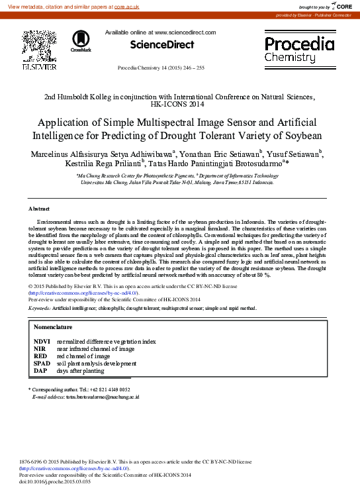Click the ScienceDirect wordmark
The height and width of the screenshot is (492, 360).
(162, 45)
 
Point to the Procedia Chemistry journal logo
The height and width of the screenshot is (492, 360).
(299, 49)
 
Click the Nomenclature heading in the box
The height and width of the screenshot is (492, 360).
(53, 327)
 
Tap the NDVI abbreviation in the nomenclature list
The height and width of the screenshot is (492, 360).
(42, 341)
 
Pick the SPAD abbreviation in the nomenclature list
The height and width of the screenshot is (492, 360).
(42, 364)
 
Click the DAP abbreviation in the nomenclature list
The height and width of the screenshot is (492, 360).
(40, 371)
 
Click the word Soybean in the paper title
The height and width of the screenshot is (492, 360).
(302, 136)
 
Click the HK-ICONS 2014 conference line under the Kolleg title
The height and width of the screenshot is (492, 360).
(179, 104)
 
